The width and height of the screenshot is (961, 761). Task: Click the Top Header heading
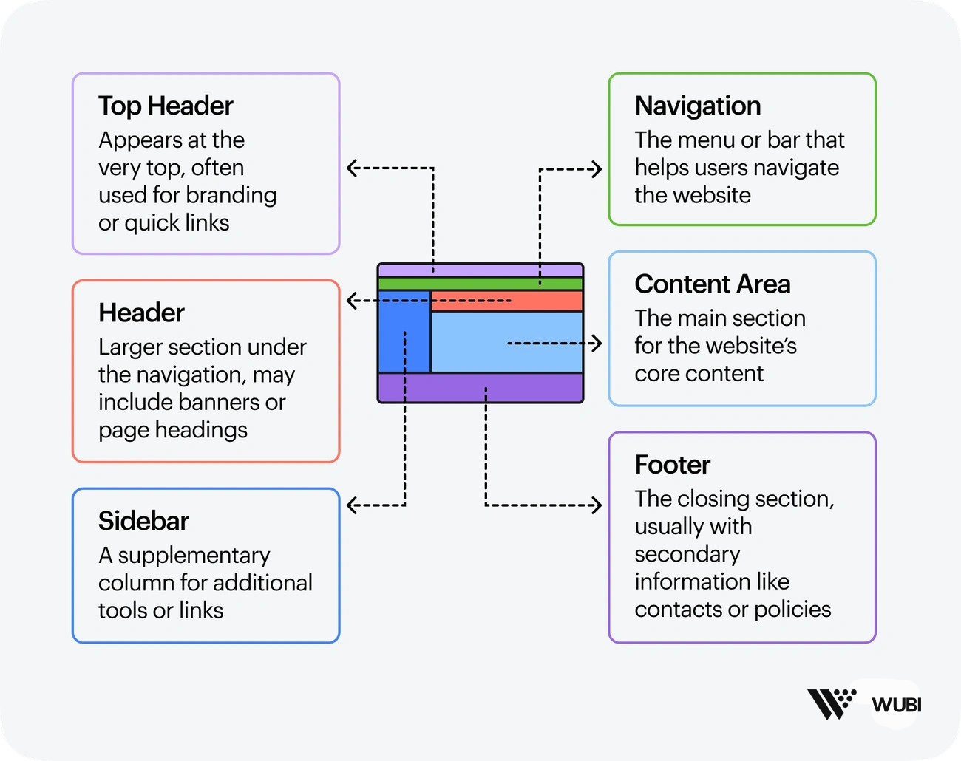[166, 106]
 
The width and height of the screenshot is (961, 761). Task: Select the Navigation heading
[698, 106]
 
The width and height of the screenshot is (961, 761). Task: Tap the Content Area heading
[713, 284]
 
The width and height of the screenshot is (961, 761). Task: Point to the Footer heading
[672, 465]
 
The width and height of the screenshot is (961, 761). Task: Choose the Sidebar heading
[143, 522]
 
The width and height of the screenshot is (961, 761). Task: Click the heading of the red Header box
[141, 313]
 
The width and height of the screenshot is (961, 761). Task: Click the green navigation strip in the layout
[480, 284]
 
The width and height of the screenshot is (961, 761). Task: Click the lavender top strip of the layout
[480, 270]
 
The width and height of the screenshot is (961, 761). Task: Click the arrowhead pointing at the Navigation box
[596, 169]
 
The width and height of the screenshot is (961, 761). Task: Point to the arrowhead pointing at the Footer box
[596, 505]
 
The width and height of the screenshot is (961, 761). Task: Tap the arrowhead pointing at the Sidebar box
[353, 505]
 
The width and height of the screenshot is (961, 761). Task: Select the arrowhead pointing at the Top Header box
[353, 168]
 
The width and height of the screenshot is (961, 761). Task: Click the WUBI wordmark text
[896, 705]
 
